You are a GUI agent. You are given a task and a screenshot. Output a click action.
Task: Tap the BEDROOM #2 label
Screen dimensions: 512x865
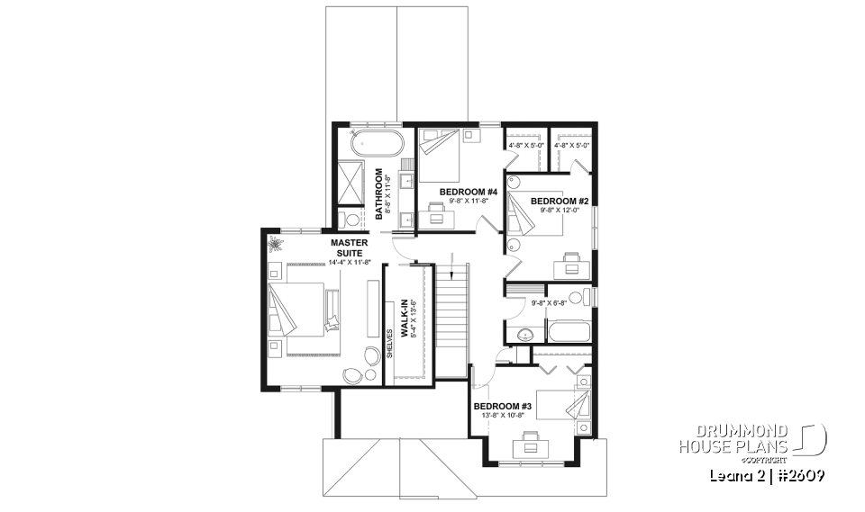click(x=559, y=201)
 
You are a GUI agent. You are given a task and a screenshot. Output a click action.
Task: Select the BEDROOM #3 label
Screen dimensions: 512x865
click(x=503, y=406)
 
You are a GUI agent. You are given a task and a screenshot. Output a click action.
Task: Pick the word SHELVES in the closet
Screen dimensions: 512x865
click(x=390, y=343)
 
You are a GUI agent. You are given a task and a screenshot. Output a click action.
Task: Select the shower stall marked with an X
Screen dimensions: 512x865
click(x=351, y=184)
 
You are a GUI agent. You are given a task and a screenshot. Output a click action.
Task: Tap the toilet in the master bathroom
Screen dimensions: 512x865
click(x=351, y=219)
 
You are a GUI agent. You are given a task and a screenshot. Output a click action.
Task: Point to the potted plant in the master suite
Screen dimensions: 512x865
click(x=274, y=244)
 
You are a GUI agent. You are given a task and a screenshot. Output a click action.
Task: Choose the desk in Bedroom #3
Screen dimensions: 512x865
click(x=528, y=442)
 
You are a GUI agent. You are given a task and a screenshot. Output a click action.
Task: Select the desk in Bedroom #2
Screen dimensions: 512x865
click(x=573, y=260)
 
